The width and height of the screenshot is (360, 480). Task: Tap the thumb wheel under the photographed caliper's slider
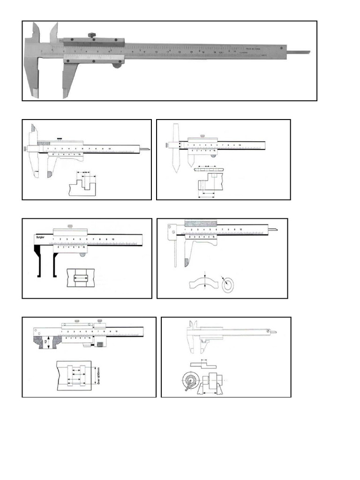[x=115, y=66]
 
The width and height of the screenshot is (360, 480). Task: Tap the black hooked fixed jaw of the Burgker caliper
[x=37, y=262]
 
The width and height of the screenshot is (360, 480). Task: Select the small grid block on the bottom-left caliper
[x=99, y=345]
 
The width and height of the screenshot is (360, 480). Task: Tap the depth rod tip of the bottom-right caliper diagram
[x=275, y=332]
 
